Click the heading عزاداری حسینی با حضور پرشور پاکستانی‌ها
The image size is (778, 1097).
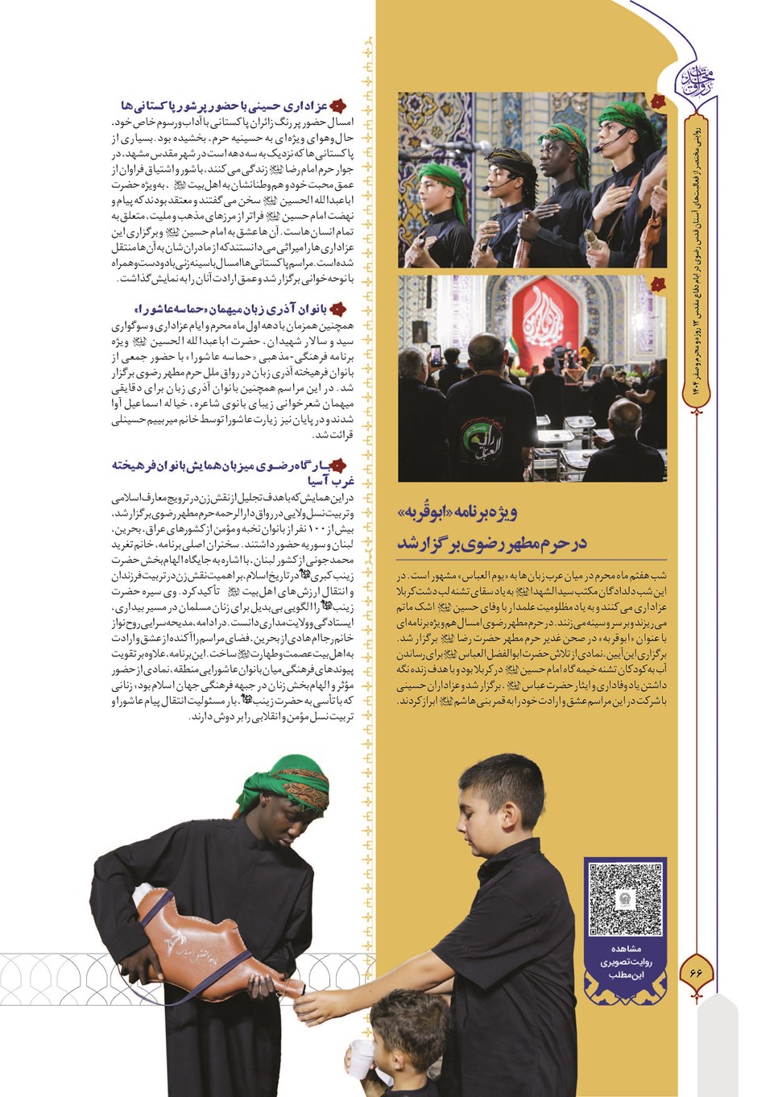coord(226,106)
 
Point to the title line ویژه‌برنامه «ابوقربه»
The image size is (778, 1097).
coord(456,512)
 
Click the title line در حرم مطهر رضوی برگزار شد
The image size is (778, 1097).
coord(490,544)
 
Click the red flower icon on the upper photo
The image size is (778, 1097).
coord(658,102)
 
